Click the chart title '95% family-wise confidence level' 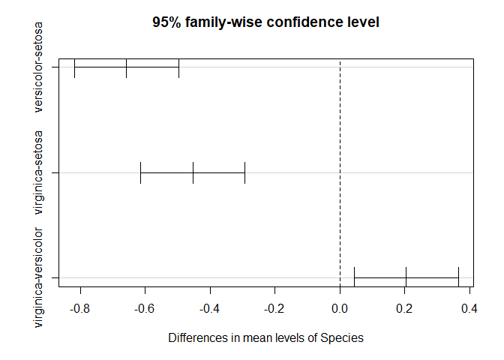coord(265,22)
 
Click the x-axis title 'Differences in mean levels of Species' coord(265,338)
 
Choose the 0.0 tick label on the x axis coord(340,308)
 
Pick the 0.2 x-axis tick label coord(406,308)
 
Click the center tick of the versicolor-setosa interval coord(126,67)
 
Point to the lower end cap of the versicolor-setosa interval coord(74,67)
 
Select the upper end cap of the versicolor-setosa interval coord(178,67)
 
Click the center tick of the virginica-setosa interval coord(193,172)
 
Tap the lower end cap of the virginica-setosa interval coord(140,172)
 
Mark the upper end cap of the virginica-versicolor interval coord(458,277)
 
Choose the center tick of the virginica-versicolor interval coord(406,277)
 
